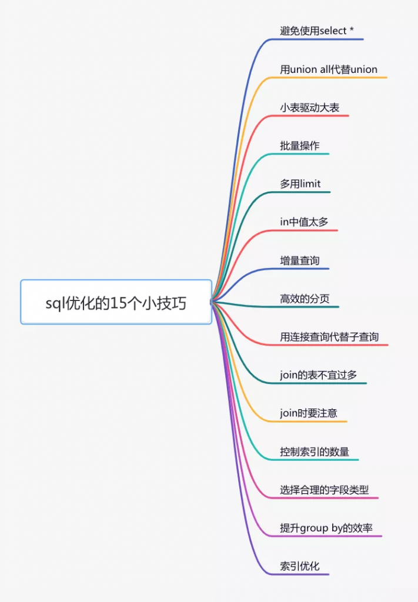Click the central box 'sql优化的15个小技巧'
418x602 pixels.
pos(116,302)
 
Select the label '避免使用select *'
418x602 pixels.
pos(317,31)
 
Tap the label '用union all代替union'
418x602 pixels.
pos(329,69)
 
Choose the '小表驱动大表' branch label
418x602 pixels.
pos(309,108)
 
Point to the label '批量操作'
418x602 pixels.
pos(299,146)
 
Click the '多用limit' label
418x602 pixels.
pos(300,184)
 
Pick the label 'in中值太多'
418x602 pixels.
pos(304,222)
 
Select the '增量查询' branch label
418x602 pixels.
pos(299,260)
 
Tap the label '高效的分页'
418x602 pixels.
pos(305,299)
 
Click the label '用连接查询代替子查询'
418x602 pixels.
pos(329,337)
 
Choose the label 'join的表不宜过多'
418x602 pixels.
pos(318,374)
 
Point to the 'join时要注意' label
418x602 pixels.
pos(308,413)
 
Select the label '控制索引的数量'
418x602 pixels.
pos(315,451)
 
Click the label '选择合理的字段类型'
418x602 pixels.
pos(324,490)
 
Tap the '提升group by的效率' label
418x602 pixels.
pos(326,528)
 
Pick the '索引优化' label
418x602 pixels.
pos(299,566)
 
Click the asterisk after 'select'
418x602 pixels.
pos(352,29)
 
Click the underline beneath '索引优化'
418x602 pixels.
pos(299,574)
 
